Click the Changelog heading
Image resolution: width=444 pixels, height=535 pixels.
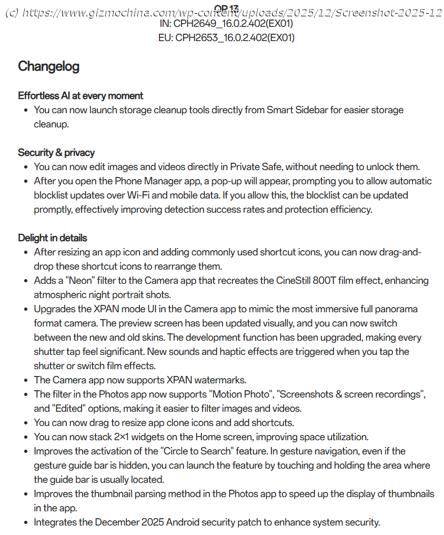(48, 66)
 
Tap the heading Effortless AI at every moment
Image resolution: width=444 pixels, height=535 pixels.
(80, 96)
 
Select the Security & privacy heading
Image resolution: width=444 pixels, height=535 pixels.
(56, 153)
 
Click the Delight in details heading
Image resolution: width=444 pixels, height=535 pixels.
(53, 238)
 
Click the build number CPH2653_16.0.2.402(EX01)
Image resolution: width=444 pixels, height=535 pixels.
(235, 38)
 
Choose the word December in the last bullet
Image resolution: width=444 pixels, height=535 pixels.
(117, 522)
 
